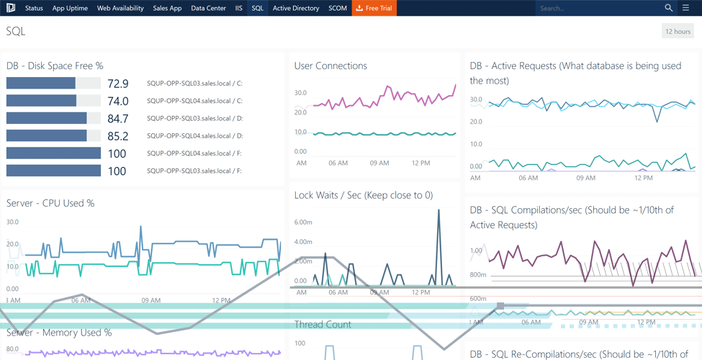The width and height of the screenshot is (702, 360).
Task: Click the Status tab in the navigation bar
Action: pyautogui.click(x=34, y=8)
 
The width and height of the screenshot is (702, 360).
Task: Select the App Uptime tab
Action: pyautogui.click(x=70, y=8)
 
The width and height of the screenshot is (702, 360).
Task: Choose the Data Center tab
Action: pyautogui.click(x=208, y=8)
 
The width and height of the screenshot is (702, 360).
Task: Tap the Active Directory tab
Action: pyautogui.click(x=296, y=8)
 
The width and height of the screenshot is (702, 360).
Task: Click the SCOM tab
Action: pyautogui.click(x=337, y=8)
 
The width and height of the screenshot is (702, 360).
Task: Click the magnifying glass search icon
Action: pyautogui.click(x=668, y=8)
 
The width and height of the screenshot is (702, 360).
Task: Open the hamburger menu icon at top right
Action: pyautogui.click(x=685, y=8)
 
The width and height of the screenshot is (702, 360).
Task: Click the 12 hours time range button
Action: pyautogui.click(x=678, y=31)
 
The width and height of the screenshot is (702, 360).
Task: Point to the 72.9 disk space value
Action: pyautogui.click(x=117, y=84)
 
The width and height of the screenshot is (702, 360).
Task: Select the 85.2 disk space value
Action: pyautogui.click(x=117, y=136)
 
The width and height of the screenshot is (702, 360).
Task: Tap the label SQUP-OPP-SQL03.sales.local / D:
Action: pyautogui.click(x=194, y=119)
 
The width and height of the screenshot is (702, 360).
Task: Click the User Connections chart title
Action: pyautogui.click(x=330, y=66)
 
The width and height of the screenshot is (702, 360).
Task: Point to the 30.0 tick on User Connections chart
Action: pyautogui.click(x=300, y=93)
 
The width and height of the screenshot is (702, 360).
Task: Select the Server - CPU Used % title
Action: pyautogui.click(x=50, y=203)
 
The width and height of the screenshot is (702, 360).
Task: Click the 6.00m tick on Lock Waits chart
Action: pyautogui.click(x=303, y=222)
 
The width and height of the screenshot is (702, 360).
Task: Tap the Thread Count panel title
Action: pyautogui.click(x=323, y=325)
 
